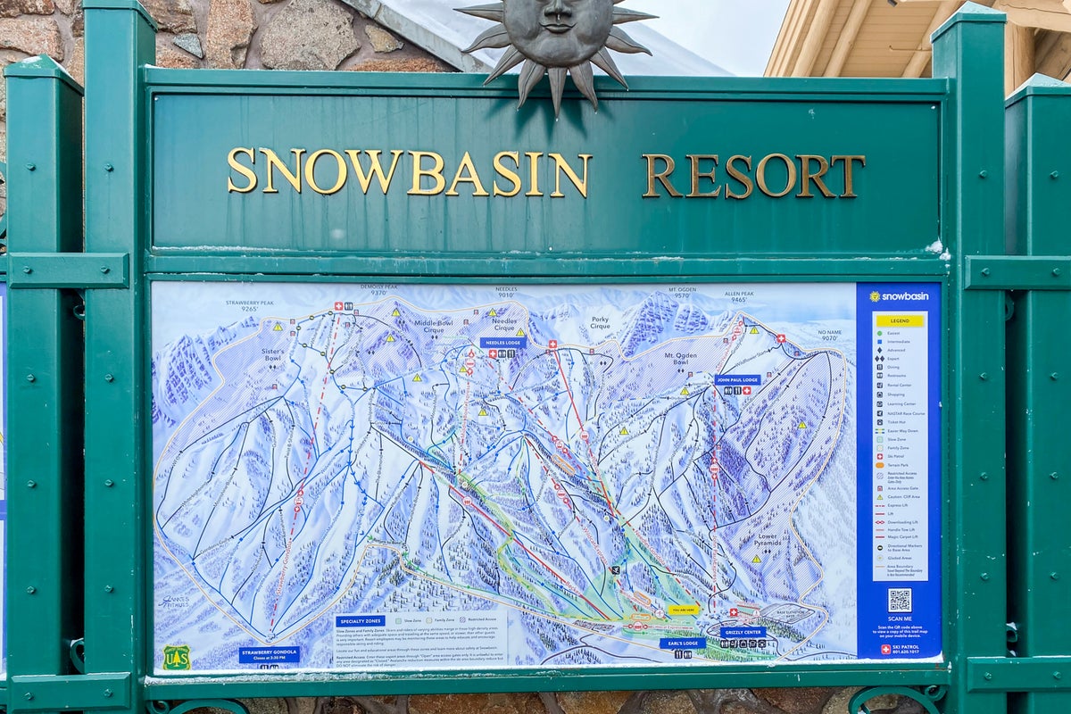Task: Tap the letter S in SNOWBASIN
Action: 242,170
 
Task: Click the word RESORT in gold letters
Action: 753,176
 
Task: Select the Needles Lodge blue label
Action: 502,343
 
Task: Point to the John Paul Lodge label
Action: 737,379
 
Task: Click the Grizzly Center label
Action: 742,632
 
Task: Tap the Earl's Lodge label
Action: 682,643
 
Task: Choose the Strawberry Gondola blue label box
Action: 269,654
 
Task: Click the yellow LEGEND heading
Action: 899,320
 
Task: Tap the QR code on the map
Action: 899,600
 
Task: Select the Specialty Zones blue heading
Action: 361,620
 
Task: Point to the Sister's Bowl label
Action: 273,353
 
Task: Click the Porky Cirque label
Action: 600,321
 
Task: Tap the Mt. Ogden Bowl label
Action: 680,359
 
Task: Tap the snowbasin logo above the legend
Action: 899,296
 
